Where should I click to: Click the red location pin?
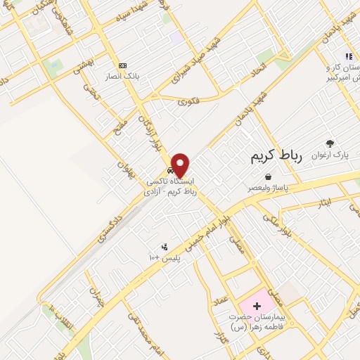pyautogui.click(x=181, y=165)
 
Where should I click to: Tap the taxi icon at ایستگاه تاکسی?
pyautogui.click(x=171, y=171)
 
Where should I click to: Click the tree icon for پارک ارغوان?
pyautogui.click(x=330, y=143)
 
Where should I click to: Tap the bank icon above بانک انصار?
pyautogui.click(x=123, y=65)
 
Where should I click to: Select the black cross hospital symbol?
pyautogui.click(x=257, y=306)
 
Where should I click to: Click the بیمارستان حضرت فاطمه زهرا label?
pyautogui.click(x=259, y=321)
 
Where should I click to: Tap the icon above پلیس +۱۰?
pyautogui.click(x=165, y=247)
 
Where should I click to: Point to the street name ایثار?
pyautogui.click(x=323, y=203)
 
